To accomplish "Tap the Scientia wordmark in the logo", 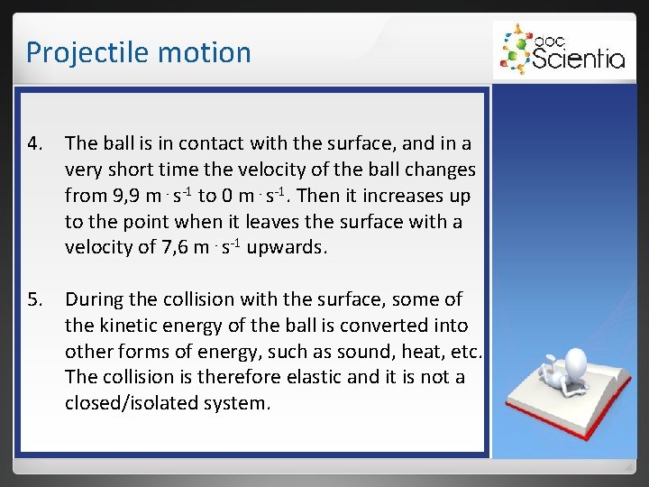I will coord(578,59).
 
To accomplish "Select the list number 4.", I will coord(34,143).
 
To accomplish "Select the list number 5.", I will coord(34,299).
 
